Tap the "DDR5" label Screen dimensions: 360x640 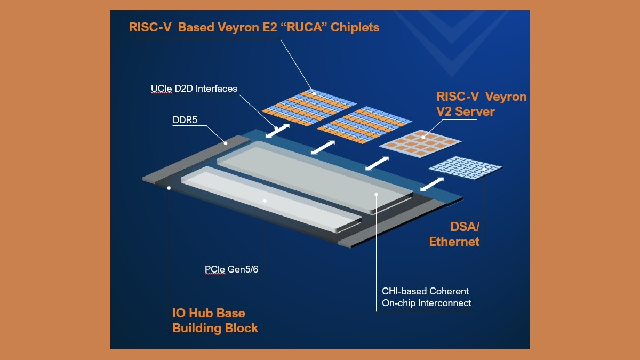[185, 120]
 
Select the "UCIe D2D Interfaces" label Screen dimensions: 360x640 [194, 89]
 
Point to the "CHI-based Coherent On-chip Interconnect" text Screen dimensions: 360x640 [427, 297]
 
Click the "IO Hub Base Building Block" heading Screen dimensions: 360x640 [215, 320]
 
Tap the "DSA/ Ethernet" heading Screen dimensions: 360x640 [454, 234]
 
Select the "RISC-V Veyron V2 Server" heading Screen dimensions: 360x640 [481, 104]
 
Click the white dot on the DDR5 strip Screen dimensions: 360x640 [226, 142]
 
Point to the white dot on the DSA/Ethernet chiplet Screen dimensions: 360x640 [484, 170]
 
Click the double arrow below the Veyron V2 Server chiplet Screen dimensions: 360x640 [377, 164]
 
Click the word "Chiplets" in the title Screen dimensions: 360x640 [355, 27]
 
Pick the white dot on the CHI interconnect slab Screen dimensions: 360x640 [376, 194]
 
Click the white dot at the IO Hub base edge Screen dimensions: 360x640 [169, 187]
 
